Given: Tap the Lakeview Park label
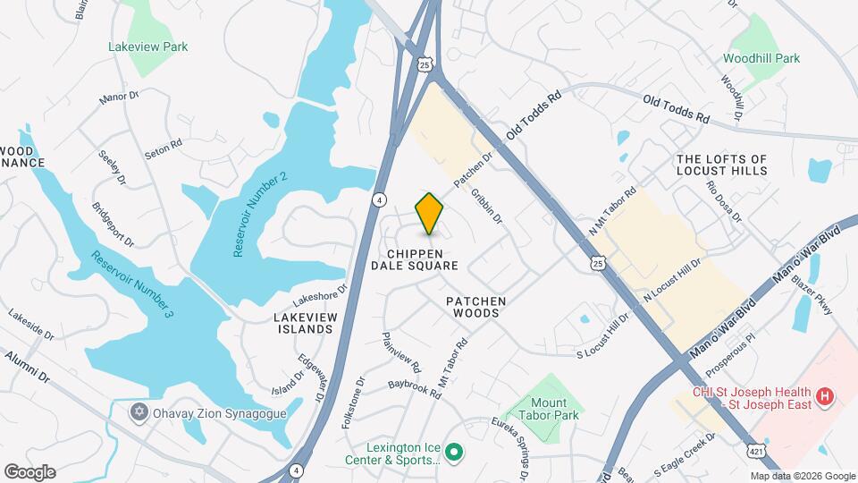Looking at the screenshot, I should (x=148, y=47).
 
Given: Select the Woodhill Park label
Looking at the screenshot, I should (x=761, y=58).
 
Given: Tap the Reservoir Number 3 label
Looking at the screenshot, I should (x=131, y=285).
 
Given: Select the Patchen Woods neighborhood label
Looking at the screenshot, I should (x=476, y=309).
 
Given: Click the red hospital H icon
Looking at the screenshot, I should (x=826, y=394).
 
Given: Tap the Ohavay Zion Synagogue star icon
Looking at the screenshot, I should (x=138, y=413).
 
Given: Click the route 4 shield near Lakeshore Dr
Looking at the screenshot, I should (x=380, y=199).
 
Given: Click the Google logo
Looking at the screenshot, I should (x=29, y=471).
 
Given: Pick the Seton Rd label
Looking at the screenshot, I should (x=164, y=148).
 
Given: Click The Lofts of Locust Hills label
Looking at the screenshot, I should (x=722, y=164).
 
